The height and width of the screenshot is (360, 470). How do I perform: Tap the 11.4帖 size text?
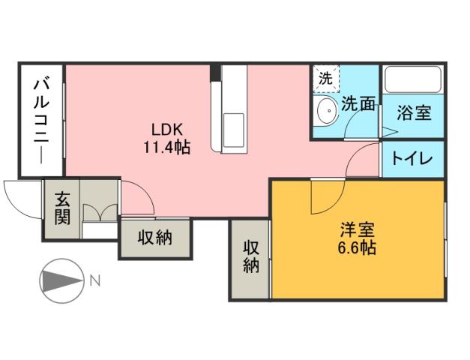tap(167, 148)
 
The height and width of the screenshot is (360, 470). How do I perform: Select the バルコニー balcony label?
tap(41, 120)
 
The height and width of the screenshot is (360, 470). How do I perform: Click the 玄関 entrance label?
tap(62, 208)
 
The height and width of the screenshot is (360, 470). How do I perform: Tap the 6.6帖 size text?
tap(357, 247)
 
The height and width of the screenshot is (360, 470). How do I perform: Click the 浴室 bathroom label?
tap(414, 114)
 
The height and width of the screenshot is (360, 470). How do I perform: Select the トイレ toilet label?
tap(413, 160)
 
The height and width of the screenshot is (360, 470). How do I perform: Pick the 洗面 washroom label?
tap(358, 105)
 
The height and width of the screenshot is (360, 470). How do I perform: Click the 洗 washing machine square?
tap(325, 77)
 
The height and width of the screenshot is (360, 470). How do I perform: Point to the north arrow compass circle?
tap(60, 282)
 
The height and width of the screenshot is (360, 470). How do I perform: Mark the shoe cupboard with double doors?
tap(100, 211)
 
